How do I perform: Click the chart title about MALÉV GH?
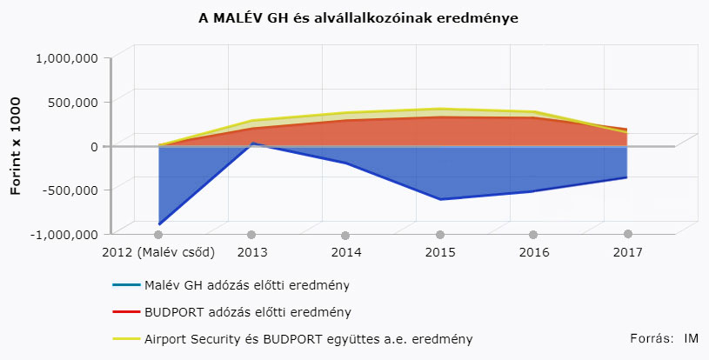pos(358,17)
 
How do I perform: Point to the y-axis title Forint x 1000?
pos(16,146)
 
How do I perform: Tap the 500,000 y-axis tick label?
pos(73,102)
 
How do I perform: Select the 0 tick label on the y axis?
pos(93,146)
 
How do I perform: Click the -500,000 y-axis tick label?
pos(70,190)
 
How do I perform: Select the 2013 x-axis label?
pos(251,252)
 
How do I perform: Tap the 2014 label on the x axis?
pos(345,252)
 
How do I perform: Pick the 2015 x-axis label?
pos(440,252)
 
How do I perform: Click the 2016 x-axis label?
pos(533,252)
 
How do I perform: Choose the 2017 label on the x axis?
pos(627,252)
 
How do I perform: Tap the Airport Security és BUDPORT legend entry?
pos(308,338)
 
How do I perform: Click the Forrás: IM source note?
pos(664,337)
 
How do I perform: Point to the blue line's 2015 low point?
pos(440,199)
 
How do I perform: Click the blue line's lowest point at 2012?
pos(159,223)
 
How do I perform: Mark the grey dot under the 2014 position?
pos(345,236)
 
